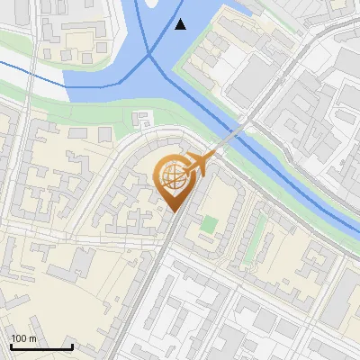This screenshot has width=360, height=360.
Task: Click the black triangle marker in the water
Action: pos(181,23)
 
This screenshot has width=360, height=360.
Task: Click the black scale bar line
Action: pos(41,347)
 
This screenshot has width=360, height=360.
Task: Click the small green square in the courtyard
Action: pos(209,223)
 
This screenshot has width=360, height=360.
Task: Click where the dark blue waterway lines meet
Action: pos(150,56)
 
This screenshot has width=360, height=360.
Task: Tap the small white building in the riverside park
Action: pos(140,119)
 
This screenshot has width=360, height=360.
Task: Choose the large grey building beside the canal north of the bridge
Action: pos(256,72)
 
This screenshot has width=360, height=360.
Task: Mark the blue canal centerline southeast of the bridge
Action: pos(297,180)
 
